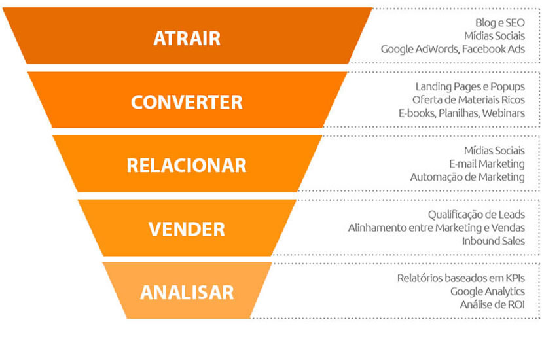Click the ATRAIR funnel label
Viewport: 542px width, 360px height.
(x=187, y=38)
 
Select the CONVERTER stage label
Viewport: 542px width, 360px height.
(x=187, y=102)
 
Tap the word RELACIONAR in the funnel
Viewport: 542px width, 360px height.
(x=187, y=165)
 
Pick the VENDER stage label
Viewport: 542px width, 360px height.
(x=187, y=228)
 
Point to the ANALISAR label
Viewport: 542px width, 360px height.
(x=187, y=291)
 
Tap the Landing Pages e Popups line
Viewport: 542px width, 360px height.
(x=470, y=86)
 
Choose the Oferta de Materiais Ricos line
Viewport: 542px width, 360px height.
(x=468, y=99)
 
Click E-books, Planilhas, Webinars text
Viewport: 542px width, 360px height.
(x=461, y=113)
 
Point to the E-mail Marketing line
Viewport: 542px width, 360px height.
(x=487, y=164)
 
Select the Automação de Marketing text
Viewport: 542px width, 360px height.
(x=467, y=177)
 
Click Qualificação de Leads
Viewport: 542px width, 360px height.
(x=477, y=214)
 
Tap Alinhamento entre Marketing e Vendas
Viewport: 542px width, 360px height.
(x=437, y=228)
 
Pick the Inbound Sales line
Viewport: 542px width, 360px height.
(x=493, y=241)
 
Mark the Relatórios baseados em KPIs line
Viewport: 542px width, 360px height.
(x=461, y=278)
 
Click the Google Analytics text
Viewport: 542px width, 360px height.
(x=488, y=291)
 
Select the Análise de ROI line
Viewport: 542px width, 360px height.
(x=492, y=304)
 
